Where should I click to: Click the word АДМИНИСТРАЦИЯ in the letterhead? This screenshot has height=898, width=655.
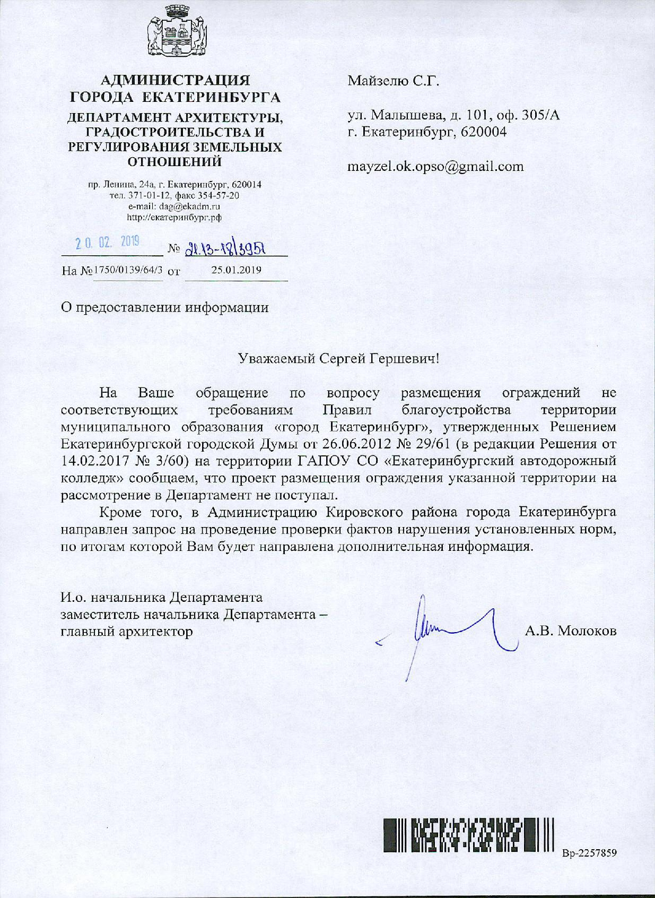point(175,81)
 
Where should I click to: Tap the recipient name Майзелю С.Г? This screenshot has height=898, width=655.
point(394,81)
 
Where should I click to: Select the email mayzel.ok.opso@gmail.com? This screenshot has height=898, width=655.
point(435,167)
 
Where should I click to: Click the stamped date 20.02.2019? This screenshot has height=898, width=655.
point(107,243)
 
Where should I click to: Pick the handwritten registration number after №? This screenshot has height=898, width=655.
point(224,248)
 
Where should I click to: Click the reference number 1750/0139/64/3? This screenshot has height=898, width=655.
point(128,270)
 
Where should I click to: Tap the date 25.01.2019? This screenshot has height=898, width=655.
point(237,270)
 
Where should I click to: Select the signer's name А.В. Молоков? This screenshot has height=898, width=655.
point(571,631)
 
